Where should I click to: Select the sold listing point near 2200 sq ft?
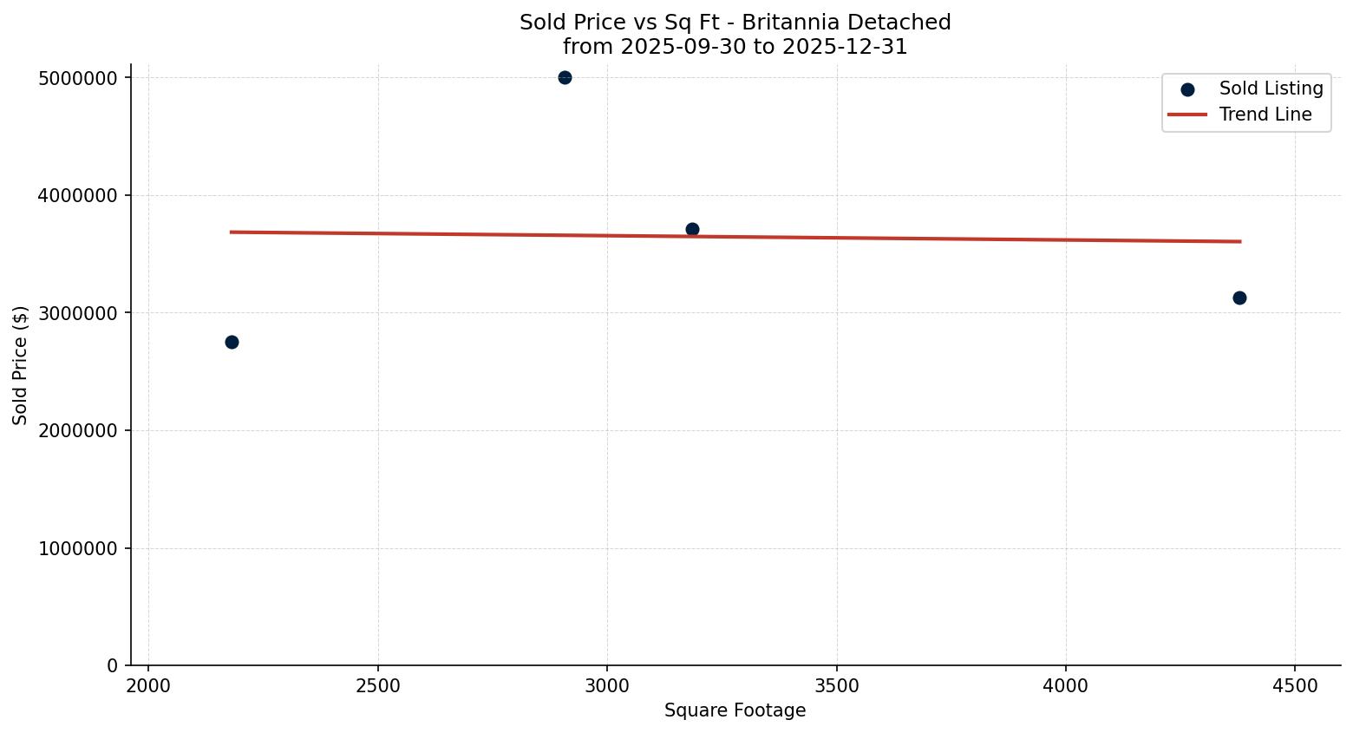point(232,342)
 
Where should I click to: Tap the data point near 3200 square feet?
point(692,230)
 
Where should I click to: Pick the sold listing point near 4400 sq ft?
point(1239,298)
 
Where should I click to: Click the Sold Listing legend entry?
point(1271,88)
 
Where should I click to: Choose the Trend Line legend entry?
point(1265,115)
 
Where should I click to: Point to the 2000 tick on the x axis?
point(148,686)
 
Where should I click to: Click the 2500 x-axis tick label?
point(378,686)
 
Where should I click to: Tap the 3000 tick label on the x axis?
point(607,686)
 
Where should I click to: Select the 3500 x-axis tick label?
point(837,686)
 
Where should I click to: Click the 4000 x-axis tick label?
point(1066,686)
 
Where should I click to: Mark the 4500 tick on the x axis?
point(1295,686)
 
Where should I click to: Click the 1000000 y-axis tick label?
point(78,548)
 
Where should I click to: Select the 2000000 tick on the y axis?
point(78,431)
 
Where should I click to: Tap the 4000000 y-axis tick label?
point(78,196)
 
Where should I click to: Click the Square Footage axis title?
point(735,711)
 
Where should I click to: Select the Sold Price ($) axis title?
point(21,365)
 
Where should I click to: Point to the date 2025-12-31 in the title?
point(845,47)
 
